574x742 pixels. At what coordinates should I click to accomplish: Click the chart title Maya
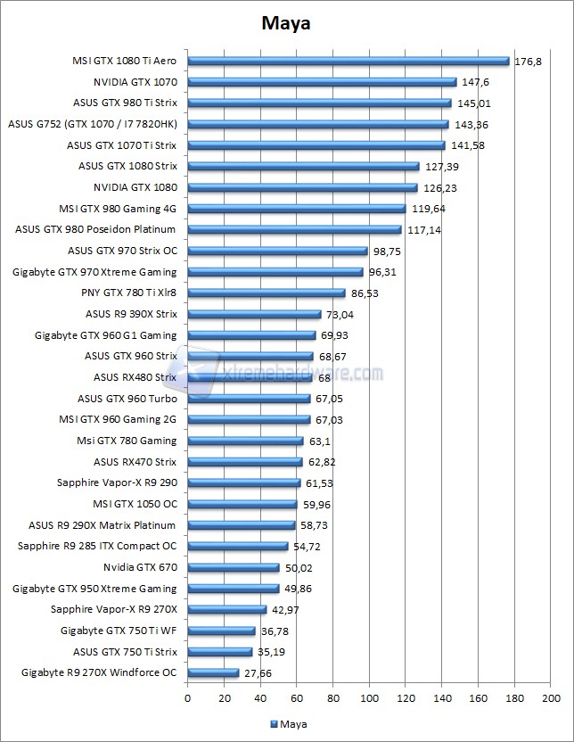click(x=287, y=23)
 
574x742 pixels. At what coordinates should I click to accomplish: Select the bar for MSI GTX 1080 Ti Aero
click(x=348, y=62)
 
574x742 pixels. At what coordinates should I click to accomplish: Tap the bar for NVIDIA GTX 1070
click(x=322, y=82)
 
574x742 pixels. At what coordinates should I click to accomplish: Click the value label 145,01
click(x=473, y=103)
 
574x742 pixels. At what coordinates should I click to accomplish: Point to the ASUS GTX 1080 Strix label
click(x=127, y=166)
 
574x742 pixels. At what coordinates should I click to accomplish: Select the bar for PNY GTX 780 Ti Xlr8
click(x=266, y=293)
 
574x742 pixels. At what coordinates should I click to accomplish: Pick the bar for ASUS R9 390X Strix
click(x=254, y=314)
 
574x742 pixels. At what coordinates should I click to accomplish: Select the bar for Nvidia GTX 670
click(x=234, y=567)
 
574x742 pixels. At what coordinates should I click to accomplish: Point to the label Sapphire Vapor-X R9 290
click(x=116, y=482)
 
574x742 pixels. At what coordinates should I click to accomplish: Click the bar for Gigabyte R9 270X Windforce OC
click(x=213, y=672)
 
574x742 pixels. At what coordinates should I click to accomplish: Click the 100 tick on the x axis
click(x=369, y=697)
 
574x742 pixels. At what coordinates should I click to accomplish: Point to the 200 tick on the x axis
click(x=550, y=697)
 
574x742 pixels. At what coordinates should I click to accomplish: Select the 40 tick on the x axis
click(x=260, y=697)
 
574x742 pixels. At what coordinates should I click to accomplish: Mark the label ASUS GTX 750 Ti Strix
click(x=125, y=652)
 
